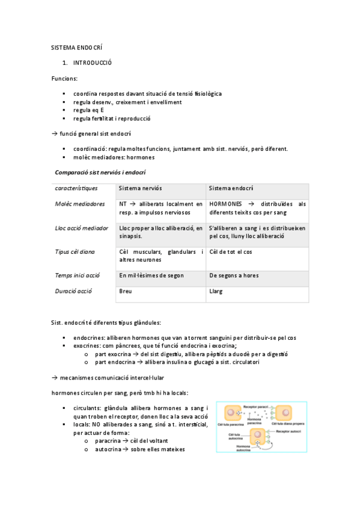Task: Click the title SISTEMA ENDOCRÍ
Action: click(x=78, y=46)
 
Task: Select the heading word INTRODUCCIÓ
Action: click(x=93, y=63)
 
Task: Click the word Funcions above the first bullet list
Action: click(x=64, y=78)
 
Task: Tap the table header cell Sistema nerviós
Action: click(x=141, y=188)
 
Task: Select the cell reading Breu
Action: click(x=126, y=291)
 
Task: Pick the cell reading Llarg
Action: click(x=216, y=291)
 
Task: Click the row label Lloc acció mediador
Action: click(x=82, y=228)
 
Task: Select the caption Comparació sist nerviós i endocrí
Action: click(x=101, y=173)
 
